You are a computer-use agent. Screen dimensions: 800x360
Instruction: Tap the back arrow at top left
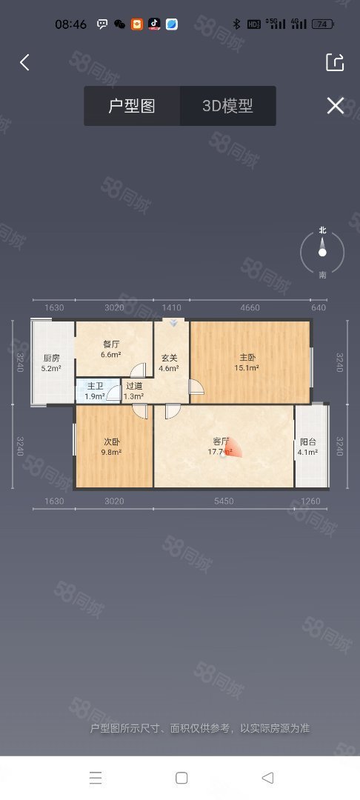pyautogui.click(x=24, y=63)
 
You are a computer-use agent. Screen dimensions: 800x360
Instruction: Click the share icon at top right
pyautogui.click(x=335, y=63)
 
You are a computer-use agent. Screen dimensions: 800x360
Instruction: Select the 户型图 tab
pyautogui.click(x=132, y=106)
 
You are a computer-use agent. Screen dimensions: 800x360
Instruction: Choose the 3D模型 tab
pyautogui.click(x=227, y=106)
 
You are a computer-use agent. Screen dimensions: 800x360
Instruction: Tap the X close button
pyautogui.click(x=335, y=106)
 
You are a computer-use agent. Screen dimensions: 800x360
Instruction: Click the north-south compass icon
pyautogui.click(x=322, y=253)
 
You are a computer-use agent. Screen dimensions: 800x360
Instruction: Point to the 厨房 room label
pyautogui.click(x=51, y=356)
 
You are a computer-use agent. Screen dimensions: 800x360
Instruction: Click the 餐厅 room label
pyautogui.click(x=111, y=344)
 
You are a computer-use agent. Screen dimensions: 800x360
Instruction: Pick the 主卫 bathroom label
pyautogui.click(x=95, y=386)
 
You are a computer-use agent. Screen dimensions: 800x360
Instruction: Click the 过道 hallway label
pyautogui.click(x=133, y=386)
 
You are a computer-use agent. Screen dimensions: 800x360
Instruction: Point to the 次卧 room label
pyautogui.click(x=111, y=442)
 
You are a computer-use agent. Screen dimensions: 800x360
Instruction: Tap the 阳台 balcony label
pyautogui.click(x=307, y=442)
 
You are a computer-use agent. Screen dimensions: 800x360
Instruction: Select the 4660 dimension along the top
pyautogui.click(x=250, y=307)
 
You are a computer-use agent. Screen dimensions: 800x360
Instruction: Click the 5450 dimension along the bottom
pyautogui.click(x=224, y=501)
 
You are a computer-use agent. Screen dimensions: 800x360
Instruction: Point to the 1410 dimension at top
pyautogui.click(x=171, y=307)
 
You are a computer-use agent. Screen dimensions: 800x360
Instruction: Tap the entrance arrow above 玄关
pyautogui.click(x=174, y=323)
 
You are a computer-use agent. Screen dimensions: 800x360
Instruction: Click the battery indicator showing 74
pyautogui.click(x=323, y=24)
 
